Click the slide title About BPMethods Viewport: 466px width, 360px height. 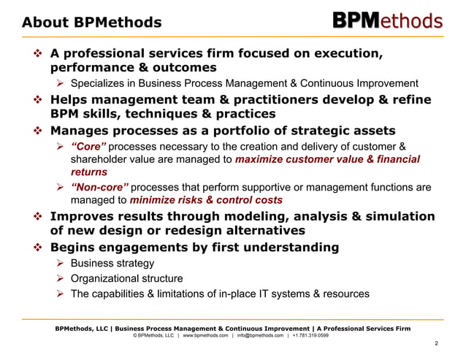click(91, 23)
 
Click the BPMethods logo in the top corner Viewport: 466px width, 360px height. click(388, 20)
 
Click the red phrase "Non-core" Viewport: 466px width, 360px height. click(96, 188)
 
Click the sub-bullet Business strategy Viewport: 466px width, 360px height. click(112, 264)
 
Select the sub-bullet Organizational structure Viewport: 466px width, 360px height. click(126, 279)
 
